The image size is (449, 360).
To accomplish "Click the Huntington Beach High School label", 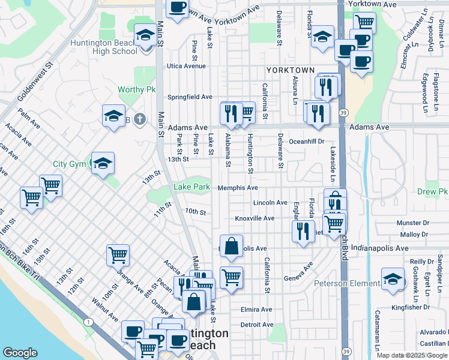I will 104,47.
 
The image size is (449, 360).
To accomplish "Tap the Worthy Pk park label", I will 137,89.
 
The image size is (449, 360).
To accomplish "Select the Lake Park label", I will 191,187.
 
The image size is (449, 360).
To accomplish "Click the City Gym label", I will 69,164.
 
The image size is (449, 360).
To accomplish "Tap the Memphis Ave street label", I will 238,187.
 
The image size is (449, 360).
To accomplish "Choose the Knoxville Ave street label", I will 255,218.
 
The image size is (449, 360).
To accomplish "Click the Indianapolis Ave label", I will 382,248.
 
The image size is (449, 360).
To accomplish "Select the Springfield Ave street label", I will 190,97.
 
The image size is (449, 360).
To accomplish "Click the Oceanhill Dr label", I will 307,142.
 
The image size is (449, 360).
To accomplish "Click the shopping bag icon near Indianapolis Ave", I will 231,246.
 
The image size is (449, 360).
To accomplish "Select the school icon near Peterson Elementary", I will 393,280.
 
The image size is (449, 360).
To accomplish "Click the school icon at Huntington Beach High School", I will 144,36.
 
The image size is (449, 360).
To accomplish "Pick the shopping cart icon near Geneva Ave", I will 231,278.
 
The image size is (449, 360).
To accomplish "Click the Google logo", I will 20,353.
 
